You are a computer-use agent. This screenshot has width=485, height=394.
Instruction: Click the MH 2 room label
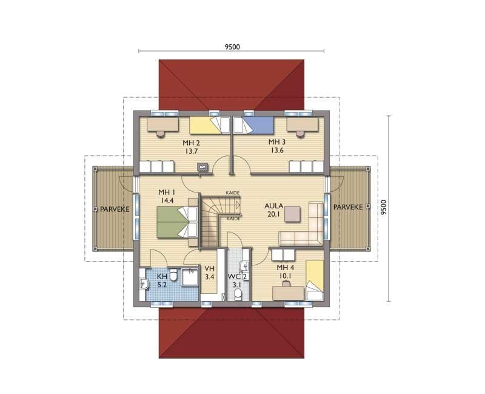[x=191, y=147]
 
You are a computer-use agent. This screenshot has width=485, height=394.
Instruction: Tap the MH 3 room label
[x=276, y=146]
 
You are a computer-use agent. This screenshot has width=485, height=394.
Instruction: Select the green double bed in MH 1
[x=177, y=222]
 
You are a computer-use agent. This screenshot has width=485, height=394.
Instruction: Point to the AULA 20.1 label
[x=274, y=209]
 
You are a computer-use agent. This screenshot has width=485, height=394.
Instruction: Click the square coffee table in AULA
[x=293, y=214]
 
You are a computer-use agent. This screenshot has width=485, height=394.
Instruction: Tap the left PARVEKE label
[x=115, y=209]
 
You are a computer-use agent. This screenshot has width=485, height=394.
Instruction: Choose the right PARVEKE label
[x=348, y=207]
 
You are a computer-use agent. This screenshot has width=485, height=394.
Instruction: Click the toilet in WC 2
[x=238, y=294]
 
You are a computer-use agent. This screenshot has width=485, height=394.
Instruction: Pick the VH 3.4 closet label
[x=210, y=273]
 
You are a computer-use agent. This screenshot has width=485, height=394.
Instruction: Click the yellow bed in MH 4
[x=315, y=280]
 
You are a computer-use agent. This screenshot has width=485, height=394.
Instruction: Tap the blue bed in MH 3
[x=253, y=125]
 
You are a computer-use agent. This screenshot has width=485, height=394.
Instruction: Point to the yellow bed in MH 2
[x=209, y=125]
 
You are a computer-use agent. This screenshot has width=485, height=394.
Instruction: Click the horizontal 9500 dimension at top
[x=232, y=47]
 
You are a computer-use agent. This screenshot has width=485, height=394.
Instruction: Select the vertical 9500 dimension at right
[x=385, y=208]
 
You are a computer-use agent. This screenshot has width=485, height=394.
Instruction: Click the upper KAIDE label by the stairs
[x=233, y=192]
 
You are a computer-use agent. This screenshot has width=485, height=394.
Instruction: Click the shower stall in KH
[x=190, y=280]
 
